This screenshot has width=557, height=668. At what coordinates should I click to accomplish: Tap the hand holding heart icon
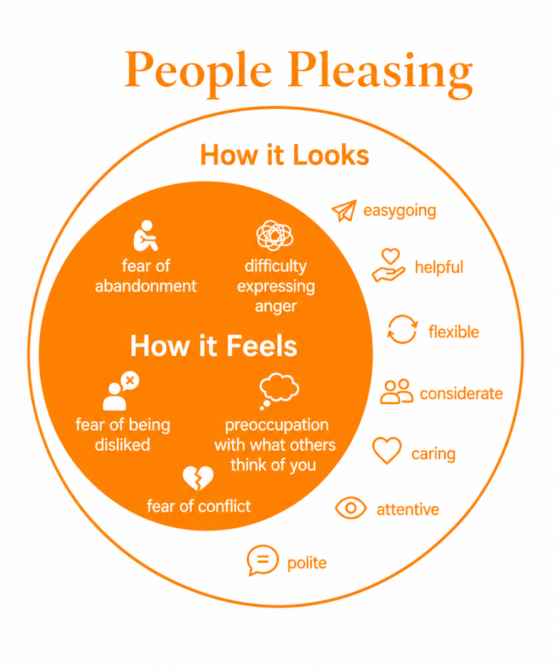point(388,266)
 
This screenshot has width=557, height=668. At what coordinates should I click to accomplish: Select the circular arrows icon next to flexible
point(402,329)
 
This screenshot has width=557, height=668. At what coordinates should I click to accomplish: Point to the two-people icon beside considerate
point(397,391)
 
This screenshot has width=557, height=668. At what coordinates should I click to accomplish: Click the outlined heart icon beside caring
point(387,450)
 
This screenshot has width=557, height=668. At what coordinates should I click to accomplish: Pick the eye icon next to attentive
point(350,508)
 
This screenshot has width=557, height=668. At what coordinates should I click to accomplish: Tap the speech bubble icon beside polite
point(262,560)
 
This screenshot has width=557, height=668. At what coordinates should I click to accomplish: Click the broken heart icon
point(198,478)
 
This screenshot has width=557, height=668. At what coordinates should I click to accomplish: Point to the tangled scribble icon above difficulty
point(275,235)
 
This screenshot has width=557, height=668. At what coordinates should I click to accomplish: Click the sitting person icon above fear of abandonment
point(146,235)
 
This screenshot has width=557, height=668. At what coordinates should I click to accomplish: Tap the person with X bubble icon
point(121,391)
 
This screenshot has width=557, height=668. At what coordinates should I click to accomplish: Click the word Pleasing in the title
point(380,71)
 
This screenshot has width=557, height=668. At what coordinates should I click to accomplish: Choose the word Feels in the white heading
point(262,346)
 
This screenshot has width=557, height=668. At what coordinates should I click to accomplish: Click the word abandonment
point(145,286)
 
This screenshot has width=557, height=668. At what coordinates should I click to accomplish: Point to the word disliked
point(123,445)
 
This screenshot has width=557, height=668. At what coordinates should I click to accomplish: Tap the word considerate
point(461,393)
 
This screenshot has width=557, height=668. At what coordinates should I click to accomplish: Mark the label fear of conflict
point(198,506)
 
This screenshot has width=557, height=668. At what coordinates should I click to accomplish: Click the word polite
point(307,563)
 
